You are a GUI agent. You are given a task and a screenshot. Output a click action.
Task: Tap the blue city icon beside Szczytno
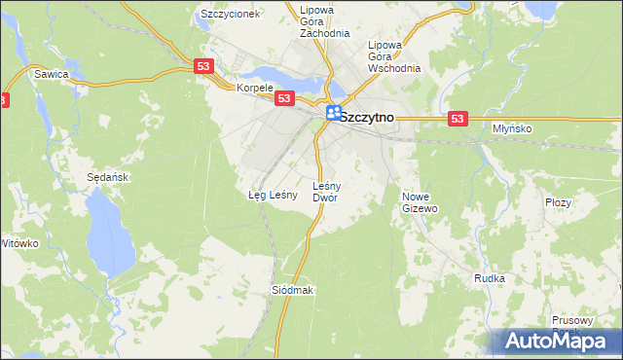334,115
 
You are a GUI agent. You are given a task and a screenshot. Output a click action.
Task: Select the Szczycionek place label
229,15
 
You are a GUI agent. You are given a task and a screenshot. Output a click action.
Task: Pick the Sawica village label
51,73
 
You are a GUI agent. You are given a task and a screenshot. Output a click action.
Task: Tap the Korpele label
256,87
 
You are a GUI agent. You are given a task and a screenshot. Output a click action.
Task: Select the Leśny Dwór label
324,191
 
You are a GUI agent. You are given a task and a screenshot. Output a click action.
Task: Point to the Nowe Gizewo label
421,201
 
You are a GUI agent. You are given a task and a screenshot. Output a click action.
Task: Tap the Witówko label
18,242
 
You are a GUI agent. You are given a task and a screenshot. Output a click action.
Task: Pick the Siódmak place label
292,291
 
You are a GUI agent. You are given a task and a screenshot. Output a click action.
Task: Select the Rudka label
490,278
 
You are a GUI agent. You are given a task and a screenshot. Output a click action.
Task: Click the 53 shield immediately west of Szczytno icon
284,99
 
